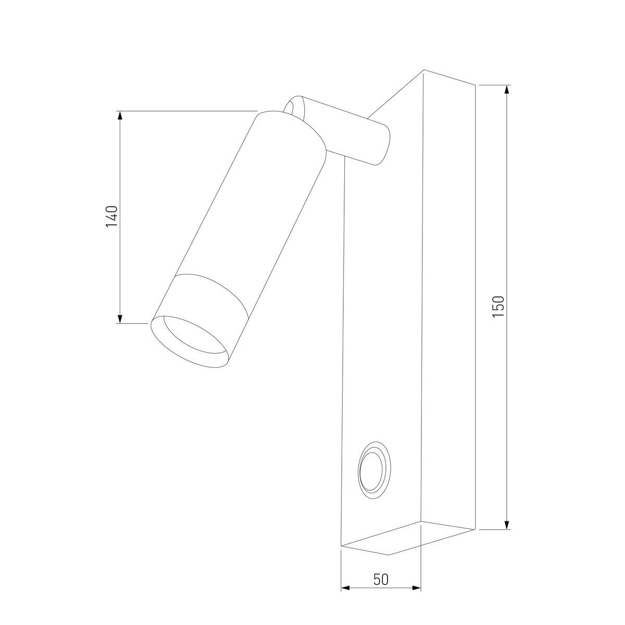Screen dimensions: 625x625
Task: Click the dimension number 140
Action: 112,217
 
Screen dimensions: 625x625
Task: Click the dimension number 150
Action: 498,307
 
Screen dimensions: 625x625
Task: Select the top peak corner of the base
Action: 423,70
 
